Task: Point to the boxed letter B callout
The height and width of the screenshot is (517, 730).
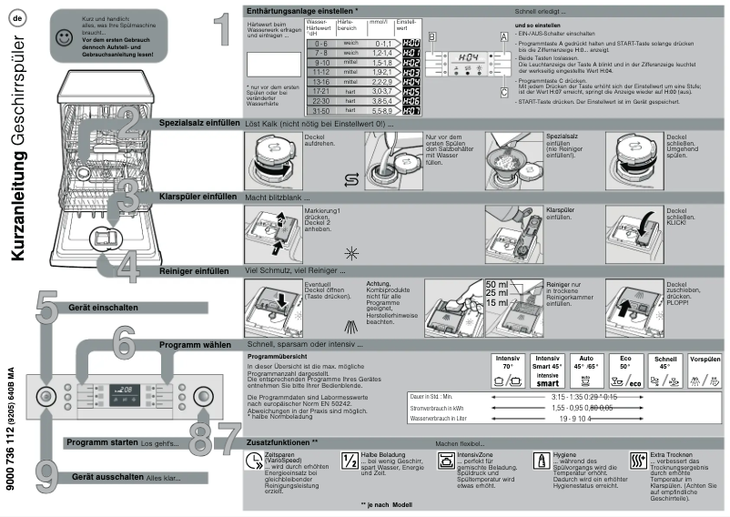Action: (432, 35)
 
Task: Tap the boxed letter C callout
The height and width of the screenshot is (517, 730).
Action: (503, 92)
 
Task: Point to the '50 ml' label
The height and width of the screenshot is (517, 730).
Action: (498, 285)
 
